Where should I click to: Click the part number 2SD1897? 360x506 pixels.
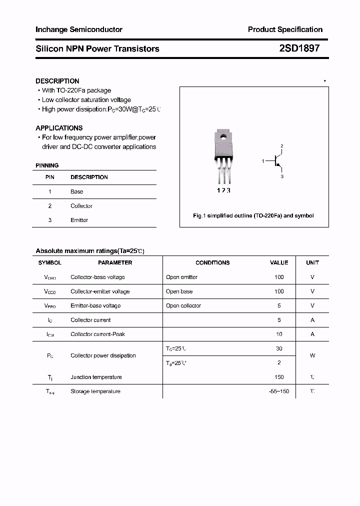pyautogui.click(x=299, y=48)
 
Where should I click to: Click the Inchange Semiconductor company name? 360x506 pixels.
pyautogui.click(x=79, y=29)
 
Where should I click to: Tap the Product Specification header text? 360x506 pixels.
pyautogui.click(x=285, y=29)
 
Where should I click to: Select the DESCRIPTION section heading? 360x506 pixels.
pyautogui.click(x=57, y=81)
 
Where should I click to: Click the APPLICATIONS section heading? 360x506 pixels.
pyautogui.click(x=59, y=128)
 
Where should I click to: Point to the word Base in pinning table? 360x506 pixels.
pyautogui.click(x=76, y=191)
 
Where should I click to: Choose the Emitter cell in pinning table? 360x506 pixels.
pyautogui.click(x=79, y=220)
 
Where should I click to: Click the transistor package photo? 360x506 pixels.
pyautogui.click(x=223, y=155)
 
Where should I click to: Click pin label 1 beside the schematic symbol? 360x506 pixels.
pyautogui.click(x=263, y=161)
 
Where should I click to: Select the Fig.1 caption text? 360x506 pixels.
pyautogui.click(x=253, y=215)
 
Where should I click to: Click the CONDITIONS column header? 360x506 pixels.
pyautogui.click(x=212, y=262)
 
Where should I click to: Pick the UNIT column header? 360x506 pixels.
pyautogui.click(x=312, y=262)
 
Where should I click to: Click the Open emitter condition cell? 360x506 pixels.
pyautogui.click(x=181, y=277)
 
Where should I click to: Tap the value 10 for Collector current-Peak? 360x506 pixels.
pyautogui.click(x=279, y=334)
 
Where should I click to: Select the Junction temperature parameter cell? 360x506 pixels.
pyautogui.click(x=96, y=377)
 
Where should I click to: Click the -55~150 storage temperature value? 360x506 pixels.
pyautogui.click(x=279, y=391)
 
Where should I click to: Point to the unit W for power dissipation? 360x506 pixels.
pyautogui.click(x=312, y=355)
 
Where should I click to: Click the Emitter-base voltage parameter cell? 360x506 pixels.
pyautogui.click(x=95, y=305)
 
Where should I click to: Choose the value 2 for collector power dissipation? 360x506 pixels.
pyautogui.click(x=279, y=362)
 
